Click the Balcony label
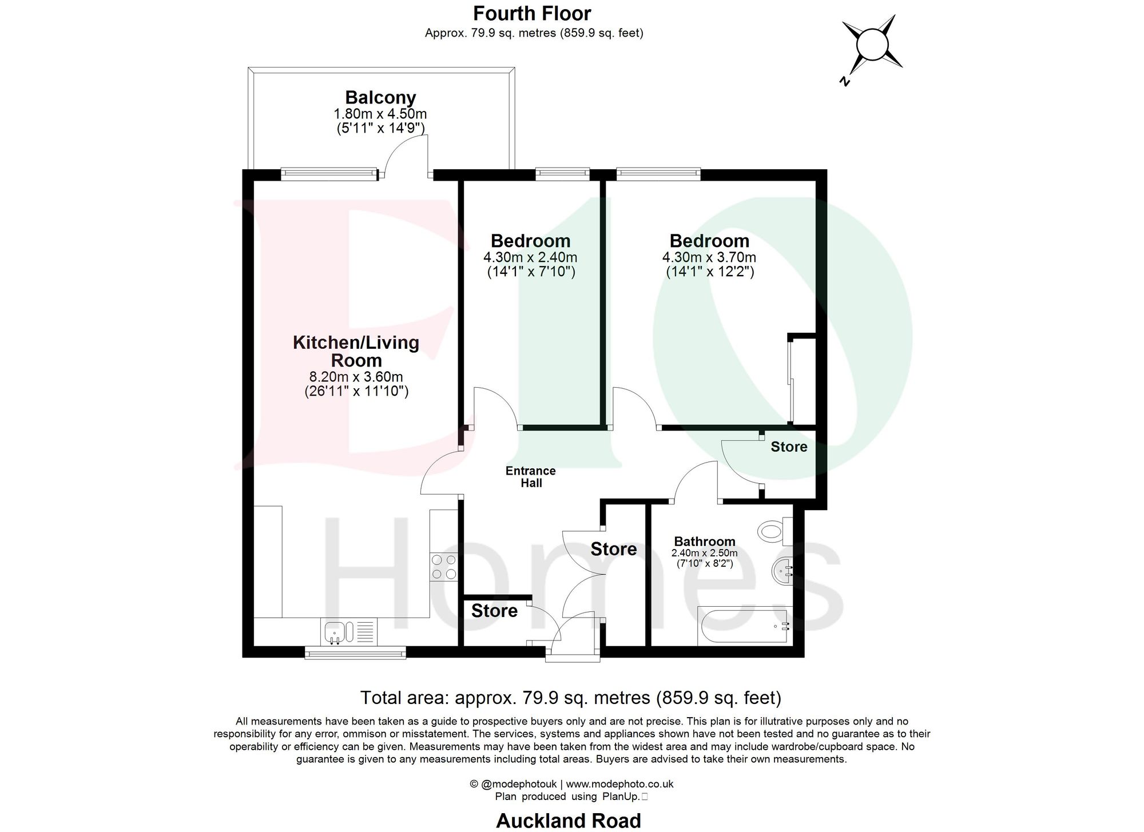[380, 98]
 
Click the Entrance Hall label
[531, 477]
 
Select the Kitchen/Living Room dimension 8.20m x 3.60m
[356, 377]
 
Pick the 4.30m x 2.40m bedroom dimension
[530, 257]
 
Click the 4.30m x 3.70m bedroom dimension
[709, 257]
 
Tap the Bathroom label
[705, 541]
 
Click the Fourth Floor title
[532, 13]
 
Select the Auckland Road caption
[569, 821]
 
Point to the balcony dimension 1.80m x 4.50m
[380, 114]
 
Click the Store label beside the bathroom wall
[614, 549]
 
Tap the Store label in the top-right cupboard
[789, 447]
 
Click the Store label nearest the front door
[494, 611]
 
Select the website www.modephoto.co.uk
[619, 784]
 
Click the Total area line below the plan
[570, 698]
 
